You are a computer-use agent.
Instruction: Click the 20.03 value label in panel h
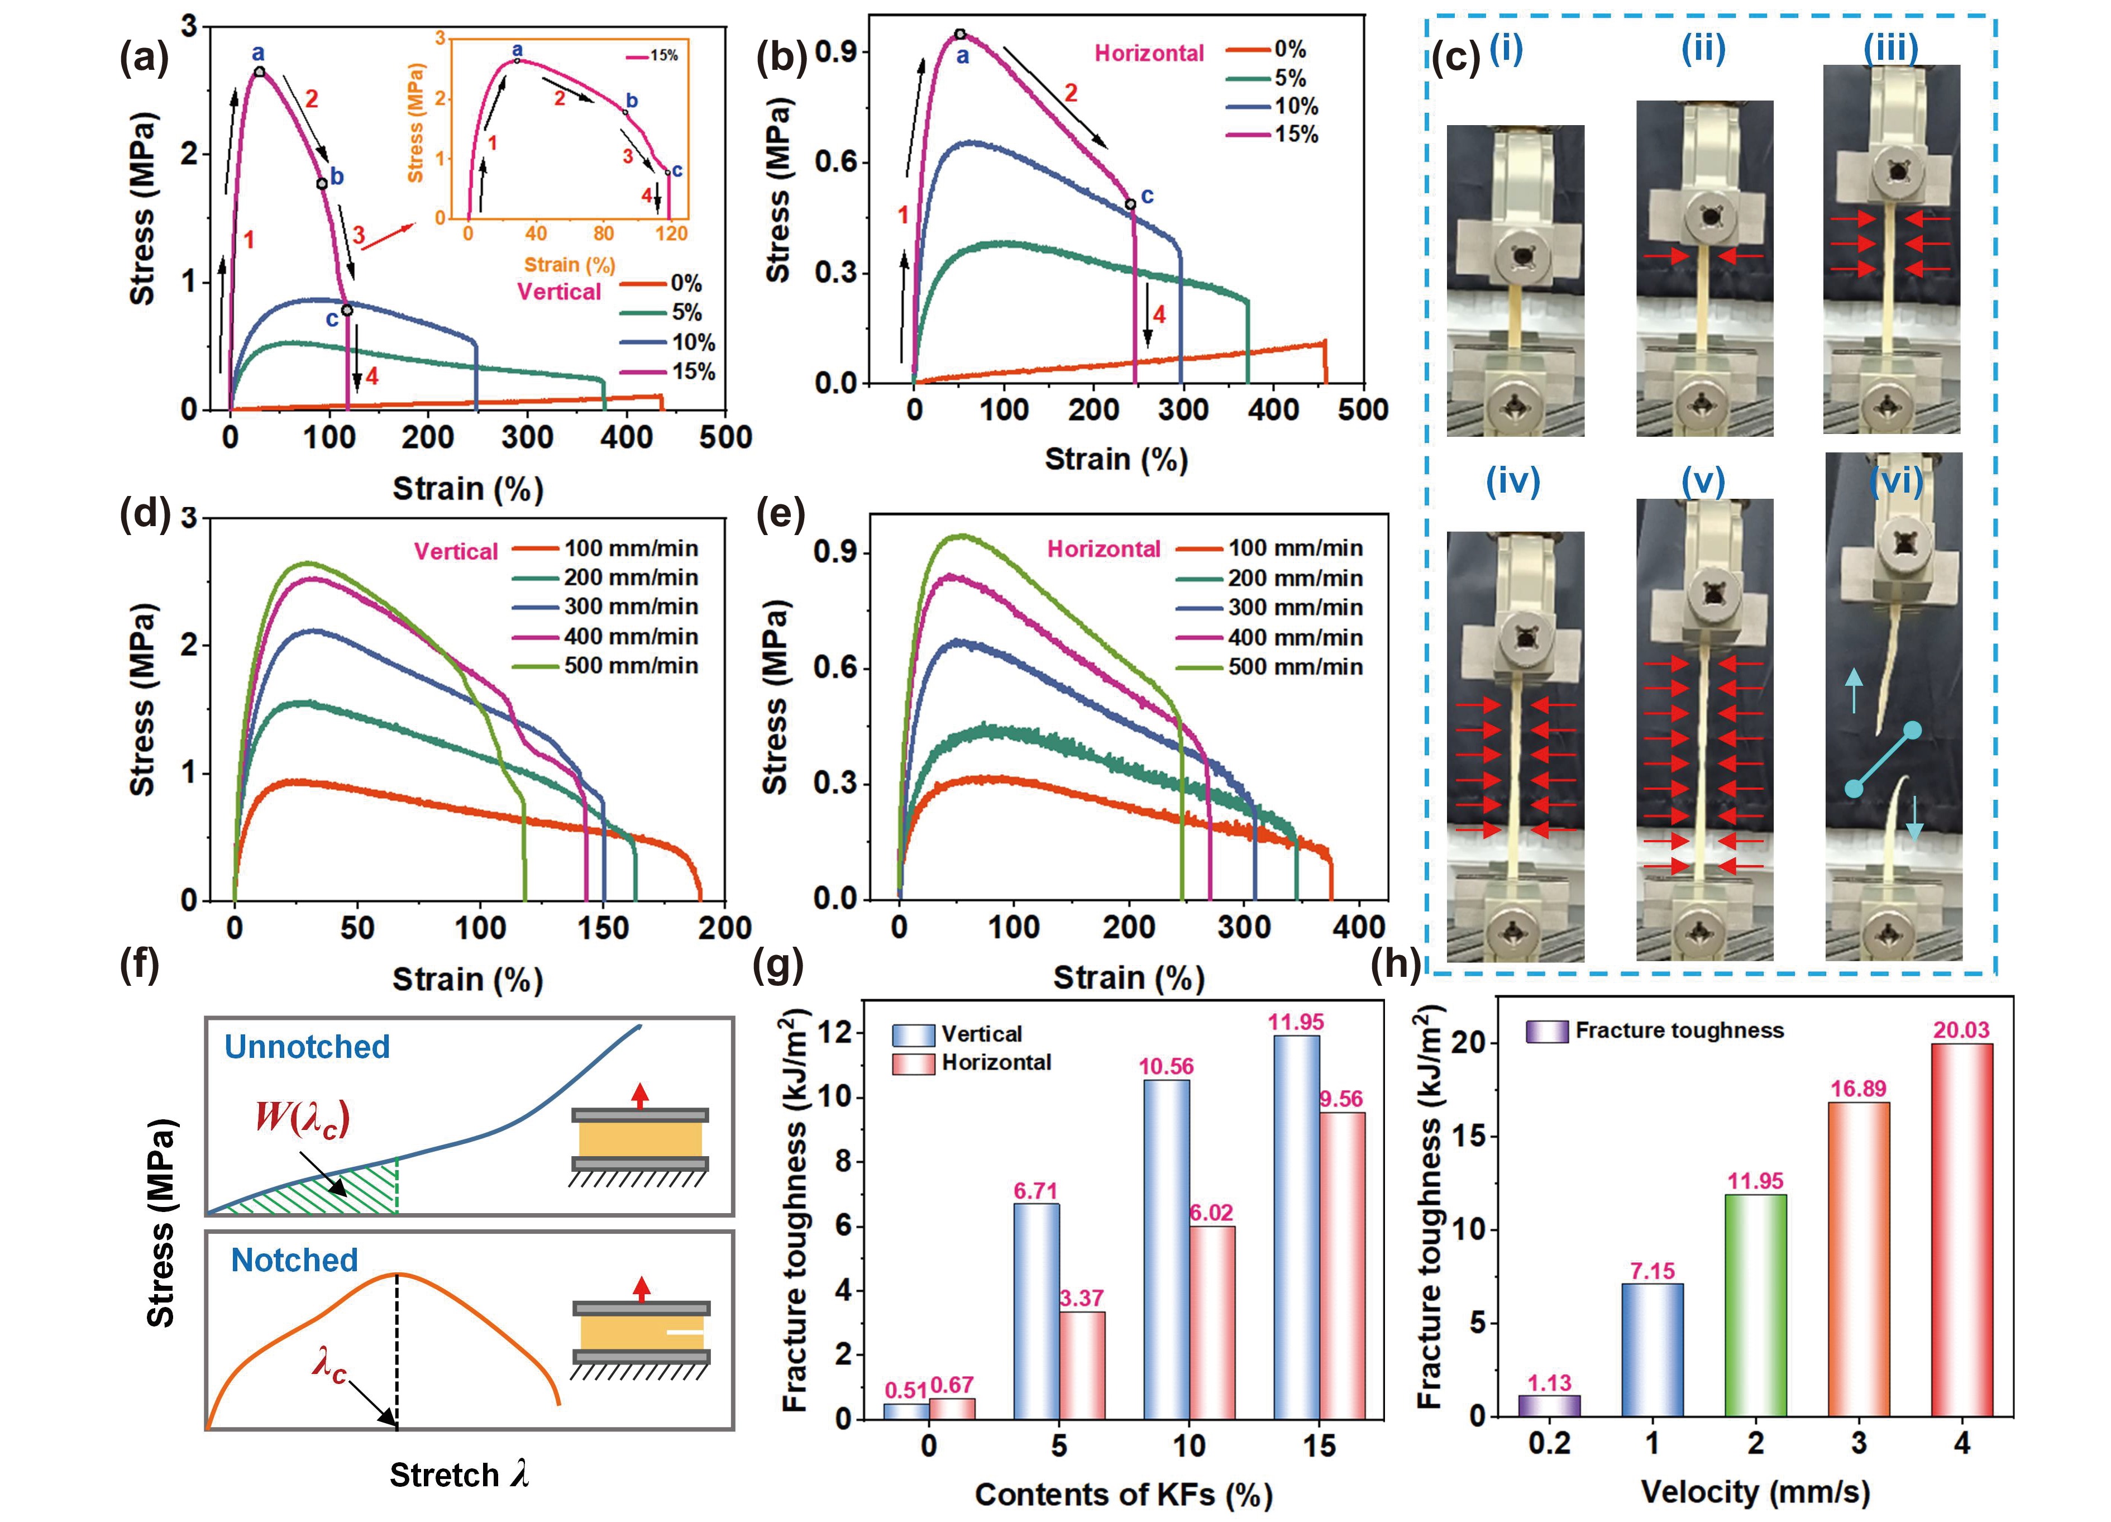[x=1961, y=1029]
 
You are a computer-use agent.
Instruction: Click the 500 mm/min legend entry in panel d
[x=630, y=666]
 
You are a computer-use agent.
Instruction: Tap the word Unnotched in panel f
[x=307, y=1047]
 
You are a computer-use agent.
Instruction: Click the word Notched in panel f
[x=294, y=1261]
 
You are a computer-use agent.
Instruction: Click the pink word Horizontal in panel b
[x=1149, y=53]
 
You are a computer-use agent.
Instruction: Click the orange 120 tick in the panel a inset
[x=671, y=233]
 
